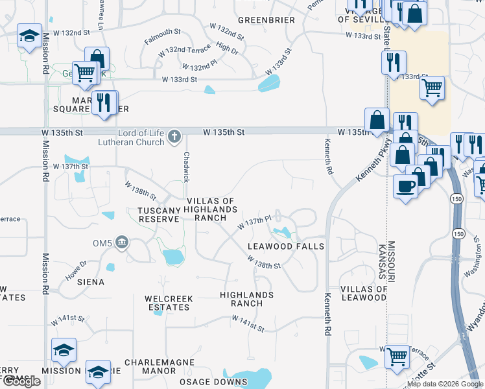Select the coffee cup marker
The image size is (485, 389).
tap(406, 187)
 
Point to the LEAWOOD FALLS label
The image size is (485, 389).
tap(286, 247)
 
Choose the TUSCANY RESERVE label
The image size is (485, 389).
tap(158, 215)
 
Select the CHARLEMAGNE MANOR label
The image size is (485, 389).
tap(150, 366)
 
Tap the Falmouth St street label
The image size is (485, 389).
tap(162, 36)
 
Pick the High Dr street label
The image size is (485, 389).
tap(228, 48)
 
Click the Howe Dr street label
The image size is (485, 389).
tap(75, 269)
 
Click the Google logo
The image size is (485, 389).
tap(21, 382)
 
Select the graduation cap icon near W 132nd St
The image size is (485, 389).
tap(30, 38)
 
